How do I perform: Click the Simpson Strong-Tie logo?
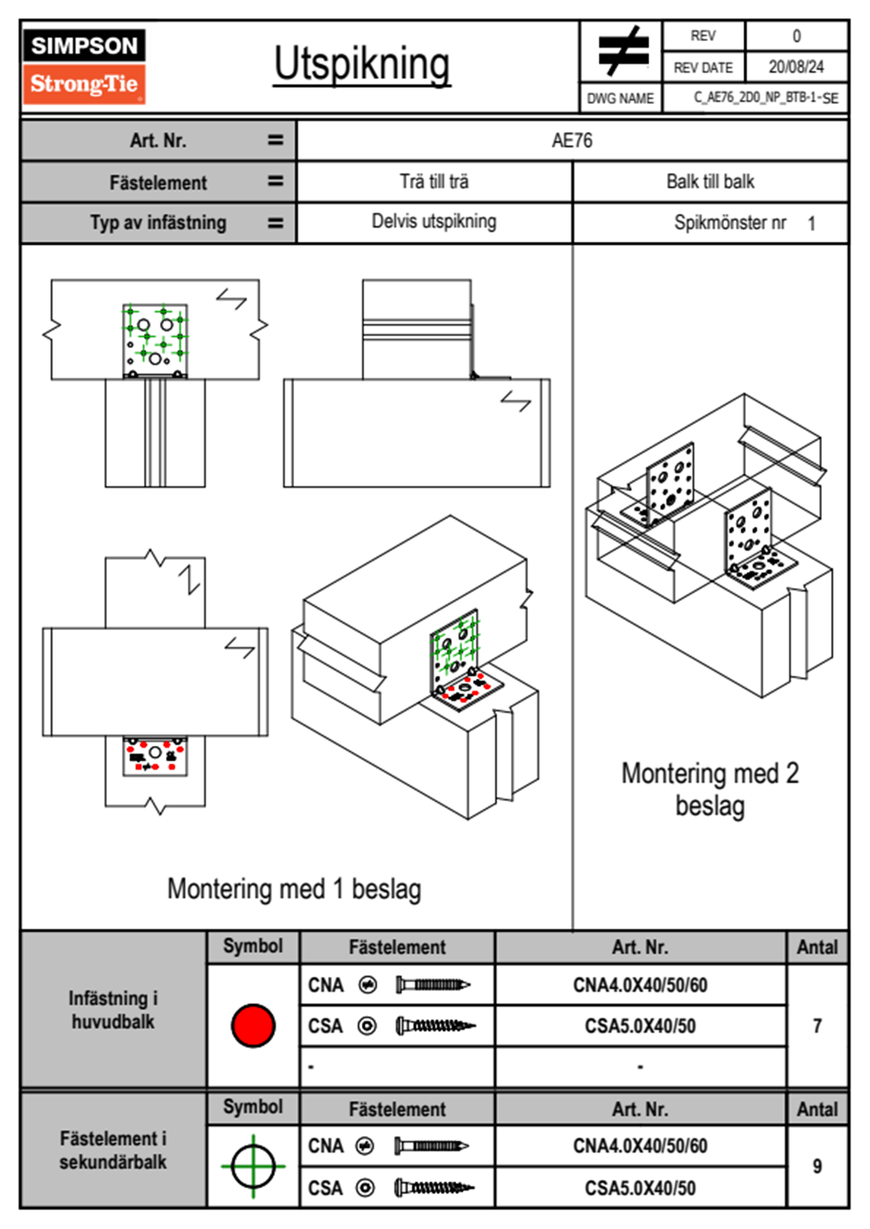[84, 66]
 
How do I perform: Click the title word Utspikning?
[362, 64]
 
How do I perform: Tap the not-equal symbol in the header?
[621, 51]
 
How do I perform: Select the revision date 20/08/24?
[795, 67]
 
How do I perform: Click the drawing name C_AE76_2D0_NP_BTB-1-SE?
[765, 98]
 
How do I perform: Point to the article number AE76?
[572, 140]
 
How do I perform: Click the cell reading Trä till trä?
[434, 181]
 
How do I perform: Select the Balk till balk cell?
[710, 181]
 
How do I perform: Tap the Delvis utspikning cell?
[434, 221]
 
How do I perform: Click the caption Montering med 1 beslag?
[294, 889]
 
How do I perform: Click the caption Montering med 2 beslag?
[710, 790]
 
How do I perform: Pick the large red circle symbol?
[253, 1025]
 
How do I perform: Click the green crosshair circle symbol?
[253, 1166]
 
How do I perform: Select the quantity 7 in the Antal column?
[817, 1026]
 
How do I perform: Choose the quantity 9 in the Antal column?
[817, 1166]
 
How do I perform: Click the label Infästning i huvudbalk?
[113, 1010]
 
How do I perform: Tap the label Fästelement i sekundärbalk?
[113, 1150]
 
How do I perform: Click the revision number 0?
[796, 36]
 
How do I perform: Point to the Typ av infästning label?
[158, 222]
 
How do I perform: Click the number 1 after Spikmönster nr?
[812, 224]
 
